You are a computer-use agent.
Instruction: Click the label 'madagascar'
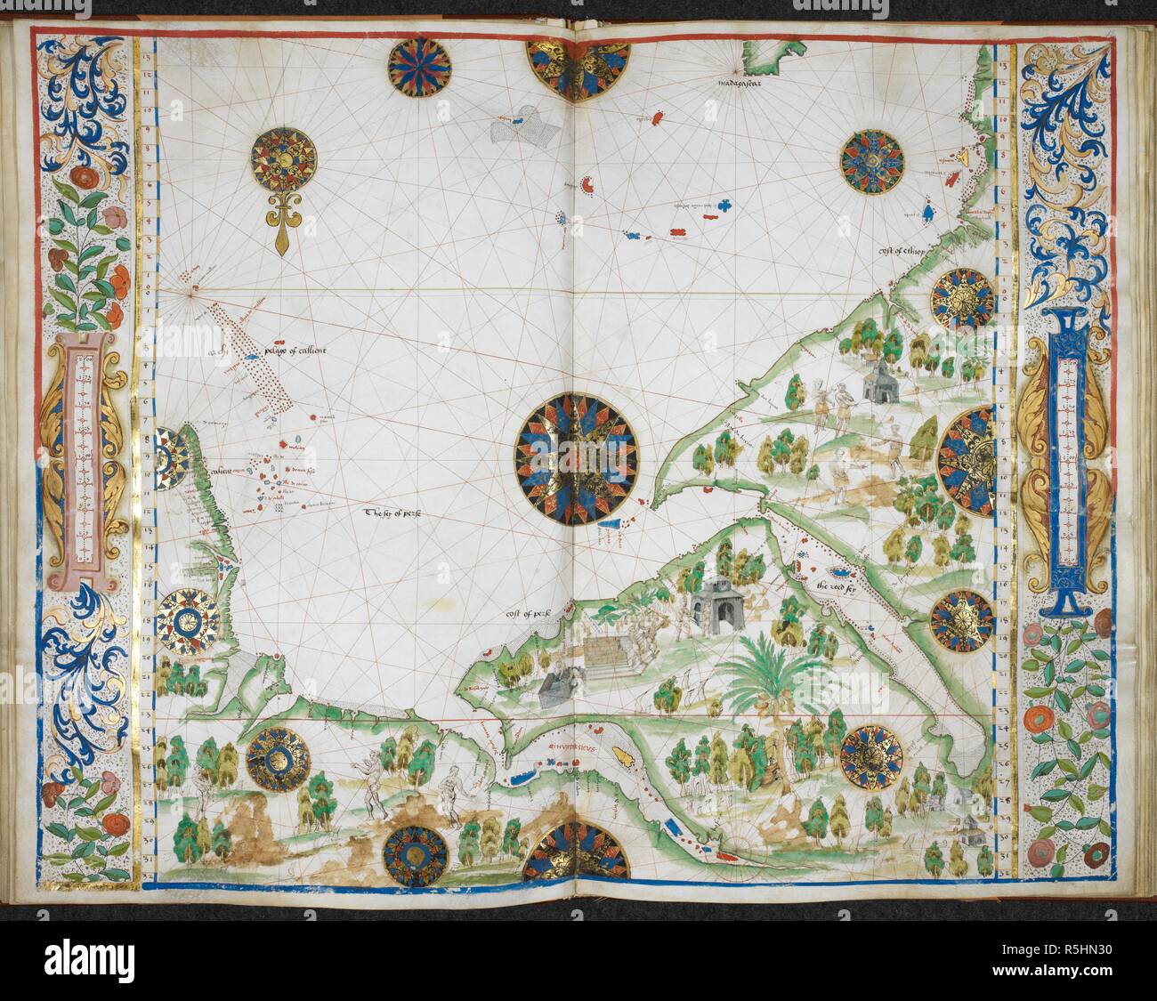pyautogui.click(x=746, y=85)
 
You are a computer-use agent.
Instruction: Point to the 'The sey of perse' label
pyautogui.click(x=392, y=513)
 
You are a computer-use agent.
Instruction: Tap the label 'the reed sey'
pyautogui.click(x=838, y=587)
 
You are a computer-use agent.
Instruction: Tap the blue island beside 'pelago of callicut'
pyautogui.click(x=254, y=356)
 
